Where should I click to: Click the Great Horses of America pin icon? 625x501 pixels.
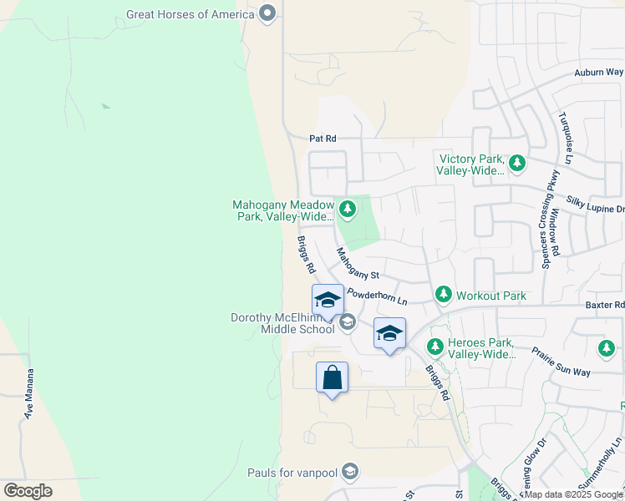tap(267, 13)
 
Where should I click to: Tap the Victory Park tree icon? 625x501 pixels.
tap(517, 163)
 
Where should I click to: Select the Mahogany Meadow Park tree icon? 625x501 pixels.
tap(348, 209)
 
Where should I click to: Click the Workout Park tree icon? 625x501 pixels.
tap(442, 295)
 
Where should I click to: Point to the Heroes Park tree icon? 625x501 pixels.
tap(434, 346)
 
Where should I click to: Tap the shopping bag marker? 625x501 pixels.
tap(333, 377)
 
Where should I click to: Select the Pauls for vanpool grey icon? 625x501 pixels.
tap(350, 473)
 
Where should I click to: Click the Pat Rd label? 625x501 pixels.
tap(322, 139)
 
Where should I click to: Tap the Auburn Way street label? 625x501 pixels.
tap(598, 73)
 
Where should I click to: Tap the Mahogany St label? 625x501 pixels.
tap(358, 265)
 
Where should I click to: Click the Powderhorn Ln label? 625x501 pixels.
tap(377, 296)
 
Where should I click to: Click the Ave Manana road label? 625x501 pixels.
tap(29, 393)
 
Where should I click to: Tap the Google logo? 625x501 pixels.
tap(28, 491)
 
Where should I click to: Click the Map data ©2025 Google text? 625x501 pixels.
tap(573, 494)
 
